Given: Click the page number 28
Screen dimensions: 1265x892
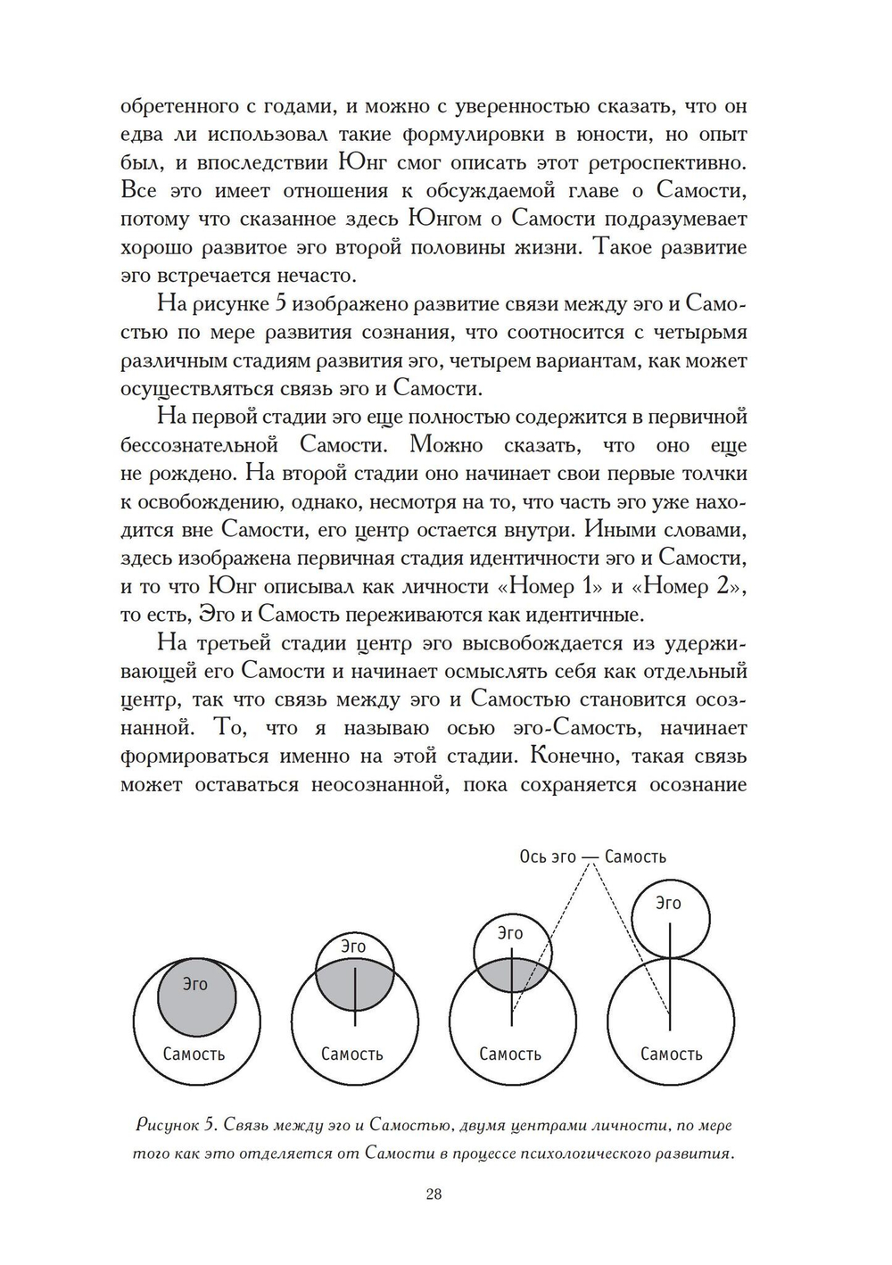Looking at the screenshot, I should pyautogui.click(x=434, y=1195).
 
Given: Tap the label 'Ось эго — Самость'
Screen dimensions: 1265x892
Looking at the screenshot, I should pyautogui.click(x=592, y=856).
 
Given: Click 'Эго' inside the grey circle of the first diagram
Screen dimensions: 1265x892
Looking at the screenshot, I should pyautogui.click(x=194, y=984).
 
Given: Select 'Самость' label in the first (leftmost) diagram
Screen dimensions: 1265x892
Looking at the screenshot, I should pyautogui.click(x=194, y=1054).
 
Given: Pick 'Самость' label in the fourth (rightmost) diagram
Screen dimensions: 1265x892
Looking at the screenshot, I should pyautogui.click(x=671, y=1054).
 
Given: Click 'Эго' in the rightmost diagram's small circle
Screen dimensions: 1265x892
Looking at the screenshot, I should pyautogui.click(x=668, y=903).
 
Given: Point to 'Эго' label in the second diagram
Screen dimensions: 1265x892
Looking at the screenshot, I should pyautogui.click(x=353, y=947).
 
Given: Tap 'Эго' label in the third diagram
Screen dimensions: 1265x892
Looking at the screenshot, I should pyautogui.click(x=509, y=933).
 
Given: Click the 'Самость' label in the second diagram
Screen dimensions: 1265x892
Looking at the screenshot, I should pyautogui.click(x=351, y=1054).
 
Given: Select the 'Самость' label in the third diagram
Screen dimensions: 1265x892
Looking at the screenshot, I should pyautogui.click(x=510, y=1054).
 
